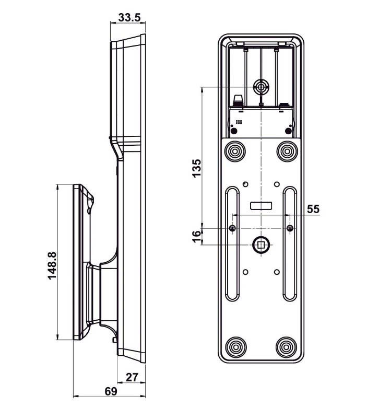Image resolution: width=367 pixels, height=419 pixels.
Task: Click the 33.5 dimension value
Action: [x=129, y=18]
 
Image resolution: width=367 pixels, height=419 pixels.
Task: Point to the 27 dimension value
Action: [x=132, y=377]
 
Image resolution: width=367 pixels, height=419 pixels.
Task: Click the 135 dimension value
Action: [x=197, y=168]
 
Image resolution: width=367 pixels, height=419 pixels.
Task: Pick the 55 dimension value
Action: [x=312, y=209]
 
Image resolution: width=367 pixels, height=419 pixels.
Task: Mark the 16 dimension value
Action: [x=196, y=236]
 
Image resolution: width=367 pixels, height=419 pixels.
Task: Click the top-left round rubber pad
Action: [x=234, y=152]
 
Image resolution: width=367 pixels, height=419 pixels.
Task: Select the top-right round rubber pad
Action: [x=287, y=152]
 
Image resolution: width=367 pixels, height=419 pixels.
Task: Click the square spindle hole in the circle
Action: [x=261, y=243]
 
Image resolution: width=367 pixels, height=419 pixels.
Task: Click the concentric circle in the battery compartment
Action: [x=261, y=86]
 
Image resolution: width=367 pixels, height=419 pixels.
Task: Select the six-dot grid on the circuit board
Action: [x=238, y=122]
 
